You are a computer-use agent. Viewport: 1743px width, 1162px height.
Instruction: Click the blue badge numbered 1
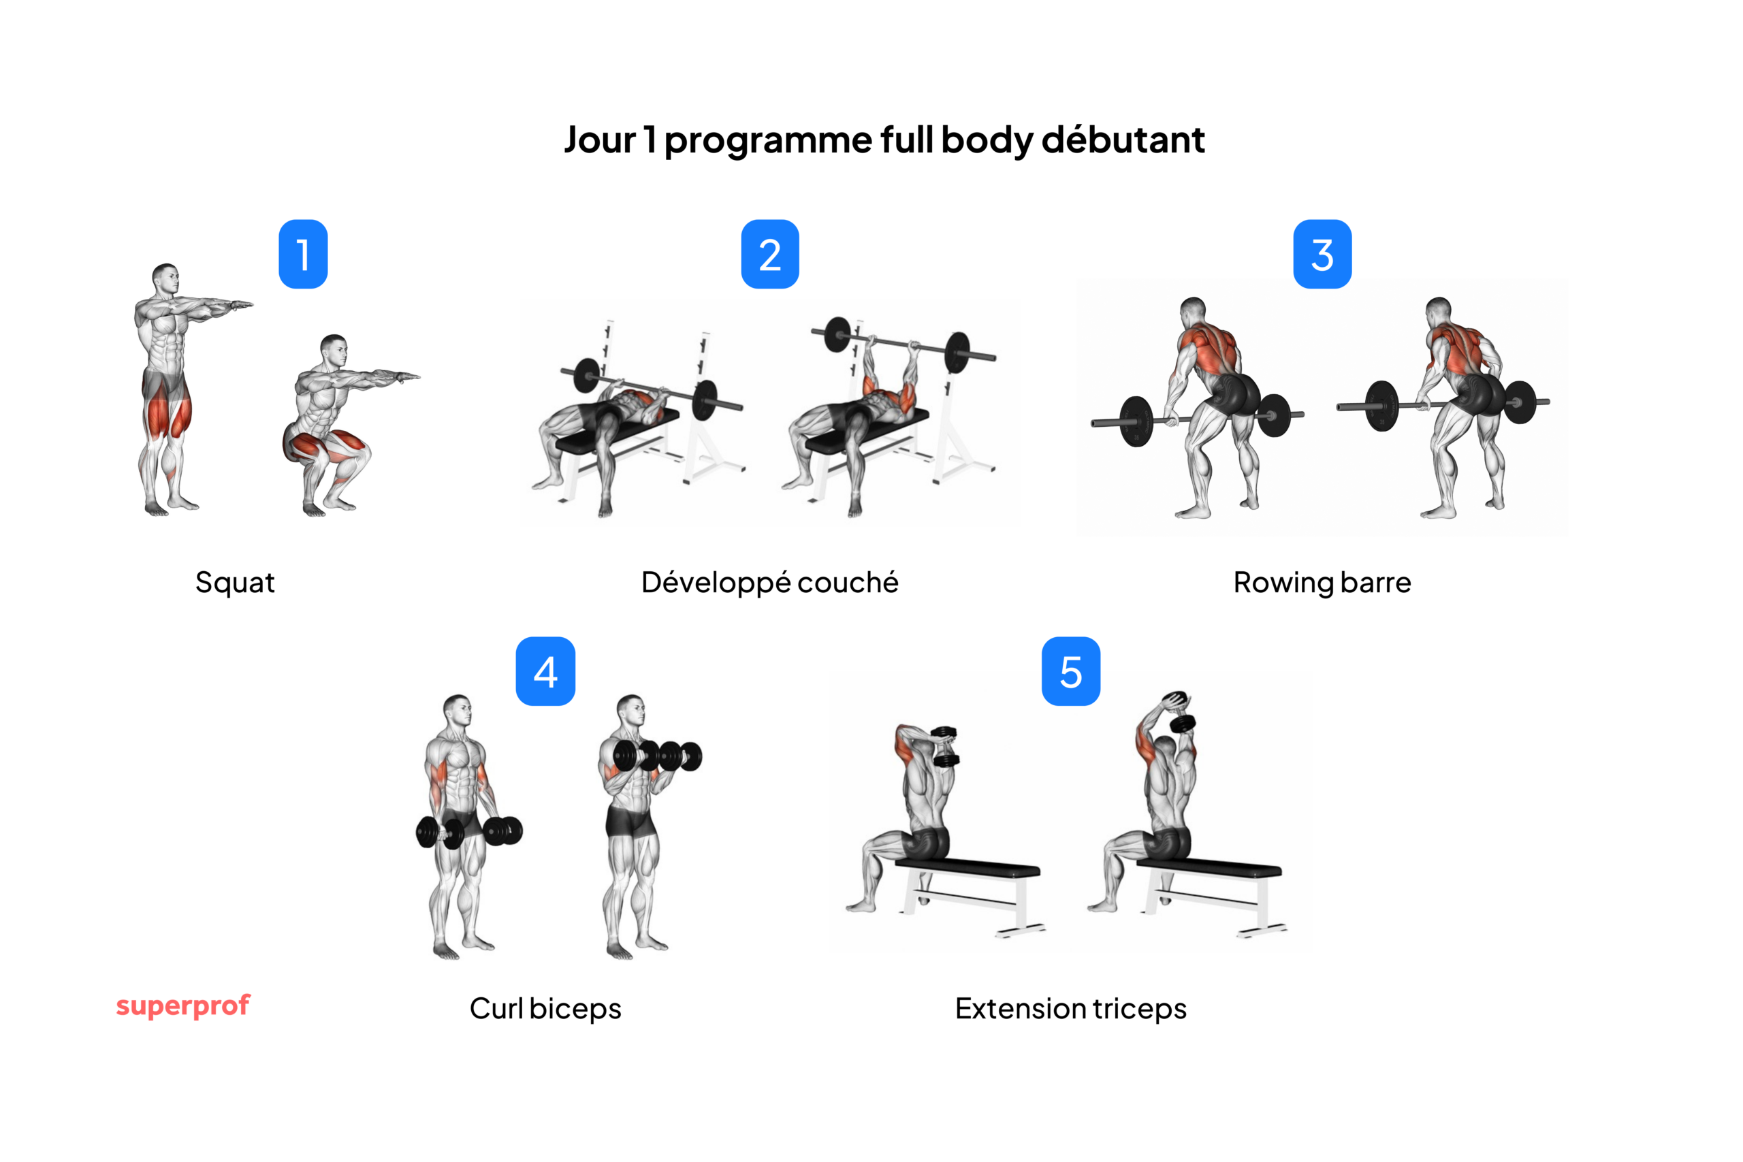303,254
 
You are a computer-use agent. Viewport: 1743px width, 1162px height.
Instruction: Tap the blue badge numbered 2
770,254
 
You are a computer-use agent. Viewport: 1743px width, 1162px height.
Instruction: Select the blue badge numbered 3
1322,254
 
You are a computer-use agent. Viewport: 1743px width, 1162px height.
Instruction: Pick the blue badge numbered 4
545,671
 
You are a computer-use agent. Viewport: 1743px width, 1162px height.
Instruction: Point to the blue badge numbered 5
1071,671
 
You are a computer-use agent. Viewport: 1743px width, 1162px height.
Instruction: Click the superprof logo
183,1005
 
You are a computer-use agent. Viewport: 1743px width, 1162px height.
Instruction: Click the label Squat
235,583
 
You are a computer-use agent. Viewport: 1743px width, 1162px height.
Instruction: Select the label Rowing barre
1322,583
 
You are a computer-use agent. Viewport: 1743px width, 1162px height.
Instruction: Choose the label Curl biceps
545,1009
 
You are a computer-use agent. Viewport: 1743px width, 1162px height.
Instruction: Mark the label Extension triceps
1071,1009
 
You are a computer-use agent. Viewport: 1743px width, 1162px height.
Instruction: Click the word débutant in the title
1123,140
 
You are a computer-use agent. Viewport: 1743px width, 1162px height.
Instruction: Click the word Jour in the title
600,140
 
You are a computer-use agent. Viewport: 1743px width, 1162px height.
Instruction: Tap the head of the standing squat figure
166,278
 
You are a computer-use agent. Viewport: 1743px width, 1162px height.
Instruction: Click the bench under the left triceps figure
967,869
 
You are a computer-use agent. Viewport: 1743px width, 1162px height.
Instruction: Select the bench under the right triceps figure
1208,869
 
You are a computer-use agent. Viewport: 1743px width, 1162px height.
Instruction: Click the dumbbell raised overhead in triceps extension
1179,711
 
